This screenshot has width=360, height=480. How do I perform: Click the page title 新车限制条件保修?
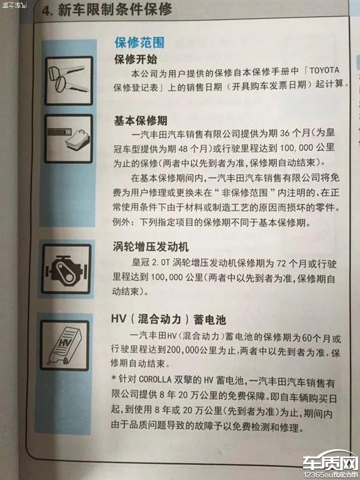click(x=115, y=9)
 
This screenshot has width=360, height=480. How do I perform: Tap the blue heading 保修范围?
click(x=139, y=43)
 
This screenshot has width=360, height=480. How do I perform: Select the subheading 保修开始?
click(x=135, y=59)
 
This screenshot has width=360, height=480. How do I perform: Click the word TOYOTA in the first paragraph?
click(x=324, y=70)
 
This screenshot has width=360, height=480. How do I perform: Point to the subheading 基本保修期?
click(x=140, y=120)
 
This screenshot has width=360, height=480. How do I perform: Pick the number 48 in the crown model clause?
click(x=183, y=149)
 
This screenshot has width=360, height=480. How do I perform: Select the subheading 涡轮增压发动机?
click(x=151, y=246)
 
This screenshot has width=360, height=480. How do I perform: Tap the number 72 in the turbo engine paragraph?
click(x=281, y=263)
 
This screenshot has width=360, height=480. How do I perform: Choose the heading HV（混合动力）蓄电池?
click(x=168, y=319)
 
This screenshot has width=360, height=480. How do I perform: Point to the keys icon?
click(x=69, y=81)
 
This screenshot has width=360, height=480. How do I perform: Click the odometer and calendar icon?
click(x=68, y=138)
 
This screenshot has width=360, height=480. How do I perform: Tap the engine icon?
click(x=66, y=269)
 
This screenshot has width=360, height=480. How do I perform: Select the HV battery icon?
click(x=65, y=345)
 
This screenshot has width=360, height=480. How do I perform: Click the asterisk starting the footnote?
click(x=114, y=379)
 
